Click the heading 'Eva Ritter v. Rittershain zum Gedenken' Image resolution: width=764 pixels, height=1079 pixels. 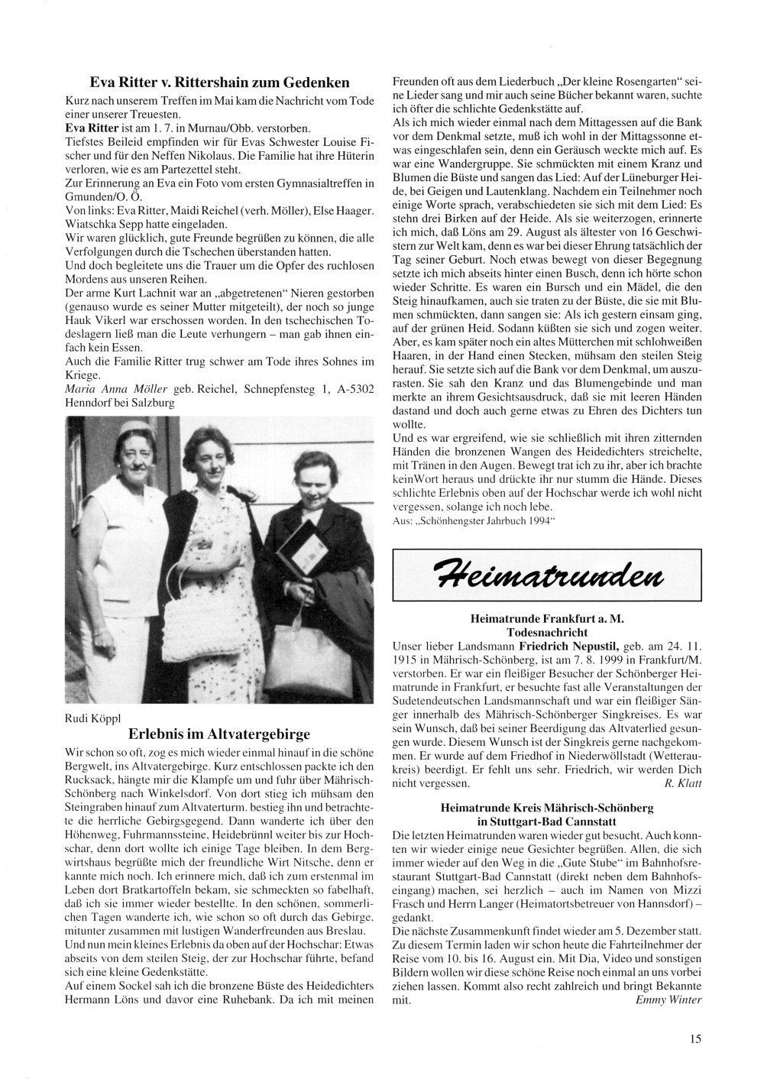point(219,82)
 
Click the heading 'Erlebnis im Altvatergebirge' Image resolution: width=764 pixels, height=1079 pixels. point(219,734)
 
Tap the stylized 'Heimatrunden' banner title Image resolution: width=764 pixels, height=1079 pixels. point(546,573)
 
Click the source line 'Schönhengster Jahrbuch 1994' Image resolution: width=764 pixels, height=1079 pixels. point(474,520)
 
